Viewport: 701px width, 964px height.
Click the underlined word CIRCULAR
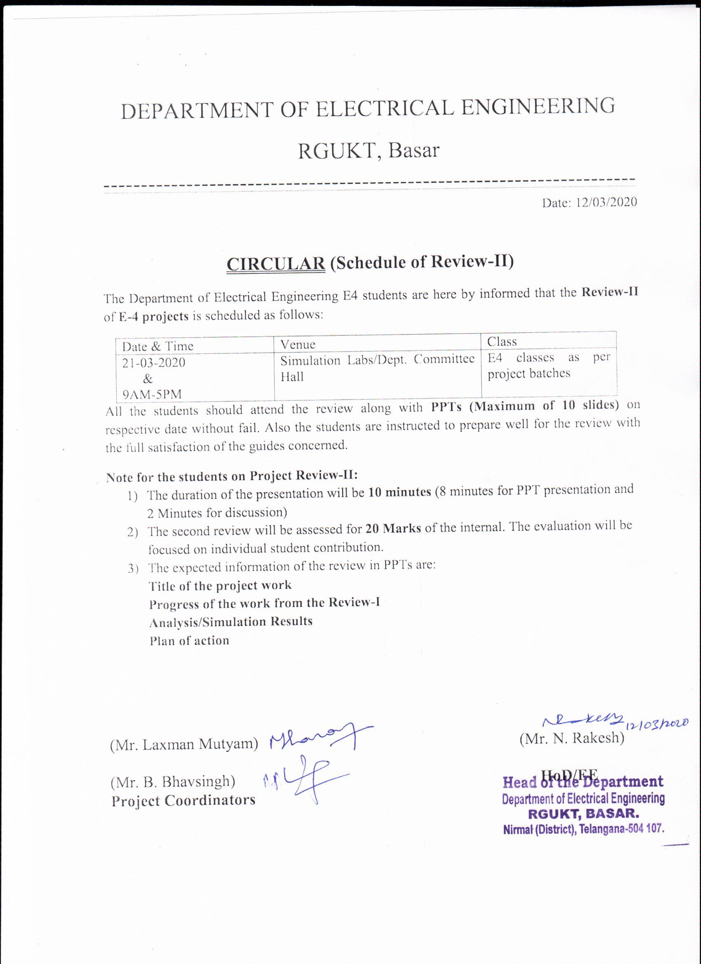click(x=275, y=264)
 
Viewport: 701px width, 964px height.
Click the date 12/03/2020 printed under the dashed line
click(x=606, y=202)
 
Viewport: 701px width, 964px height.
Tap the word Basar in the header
click(x=413, y=150)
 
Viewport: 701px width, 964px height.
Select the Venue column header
click(x=298, y=344)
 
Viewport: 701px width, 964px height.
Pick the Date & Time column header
click(x=157, y=346)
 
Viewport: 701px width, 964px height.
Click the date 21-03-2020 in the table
click(x=154, y=362)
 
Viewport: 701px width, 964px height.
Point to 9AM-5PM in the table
click(x=152, y=394)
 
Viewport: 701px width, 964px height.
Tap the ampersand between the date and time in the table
click(x=148, y=378)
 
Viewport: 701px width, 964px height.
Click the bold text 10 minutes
click(x=399, y=492)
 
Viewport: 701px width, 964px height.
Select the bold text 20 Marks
click(x=393, y=528)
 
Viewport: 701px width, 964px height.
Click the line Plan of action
click(x=189, y=641)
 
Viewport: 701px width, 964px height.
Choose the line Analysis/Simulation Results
click(x=231, y=622)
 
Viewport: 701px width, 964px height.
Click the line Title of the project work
click(x=220, y=586)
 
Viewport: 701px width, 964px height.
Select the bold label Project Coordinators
click(x=183, y=801)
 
